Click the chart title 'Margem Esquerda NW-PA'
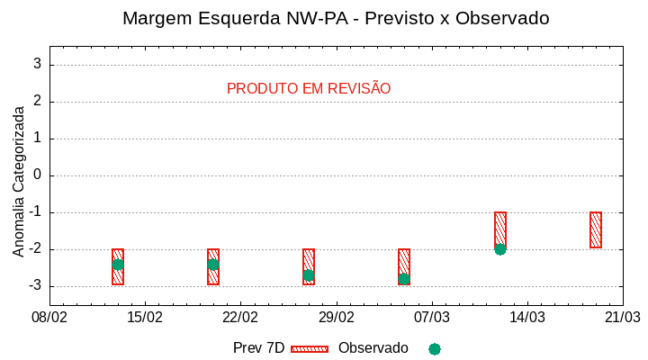[335, 18]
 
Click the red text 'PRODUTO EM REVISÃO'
[309, 89]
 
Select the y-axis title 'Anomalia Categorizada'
[19, 181]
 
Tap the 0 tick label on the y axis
[38, 175]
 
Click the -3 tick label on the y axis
[35, 286]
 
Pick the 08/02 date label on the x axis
[49, 318]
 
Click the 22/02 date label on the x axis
[240, 318]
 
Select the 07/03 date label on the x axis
[431, 318]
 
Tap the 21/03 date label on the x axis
[622, 318]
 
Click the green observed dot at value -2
[500, 249]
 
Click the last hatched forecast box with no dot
[596, 230]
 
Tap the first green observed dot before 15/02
[118, 265]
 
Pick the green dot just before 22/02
[213, 265]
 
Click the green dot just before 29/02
[309, 275]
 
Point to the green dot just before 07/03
[404, 279]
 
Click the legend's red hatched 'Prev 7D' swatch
[310, 348]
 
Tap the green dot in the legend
[435, 349]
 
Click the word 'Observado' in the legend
[373, 348]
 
